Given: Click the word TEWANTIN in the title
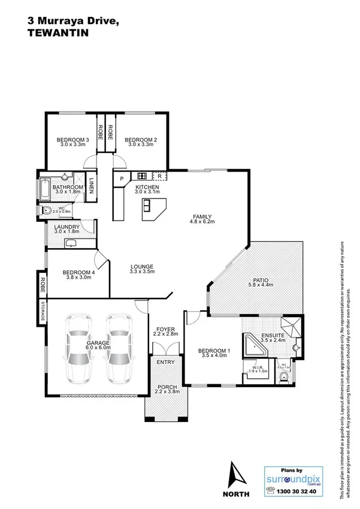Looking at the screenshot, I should coord(54,35).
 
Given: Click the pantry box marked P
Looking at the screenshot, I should coord(122,179).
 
